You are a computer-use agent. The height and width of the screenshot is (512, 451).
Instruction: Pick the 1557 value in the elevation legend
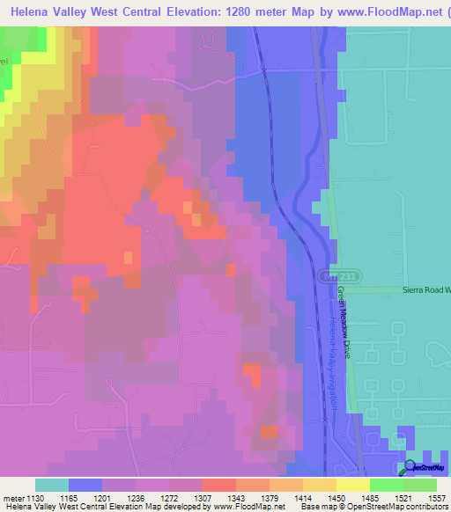[x=437, y=497]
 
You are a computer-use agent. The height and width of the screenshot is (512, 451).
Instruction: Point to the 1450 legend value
[x=336, y=497]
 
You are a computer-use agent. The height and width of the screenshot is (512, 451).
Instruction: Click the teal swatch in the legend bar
[x=52, y=485]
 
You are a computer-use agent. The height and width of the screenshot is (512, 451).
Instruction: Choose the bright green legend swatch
[x=386, y=485]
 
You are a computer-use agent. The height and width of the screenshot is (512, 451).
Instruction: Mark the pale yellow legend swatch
[x=352, y=485]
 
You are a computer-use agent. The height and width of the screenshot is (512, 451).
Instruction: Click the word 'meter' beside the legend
[x=12, y=497]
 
